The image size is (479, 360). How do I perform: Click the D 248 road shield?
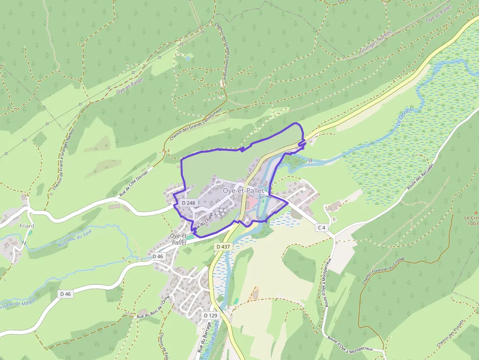(x=188, y=203)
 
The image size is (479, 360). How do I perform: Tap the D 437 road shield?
(x=222, y=247)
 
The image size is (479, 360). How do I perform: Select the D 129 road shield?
(x=210, y=316)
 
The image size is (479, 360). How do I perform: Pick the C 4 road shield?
(x=321, y=228)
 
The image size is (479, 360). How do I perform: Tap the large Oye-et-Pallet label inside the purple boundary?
(x=243, y=190)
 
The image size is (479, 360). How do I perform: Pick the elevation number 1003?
(x=473, y=224)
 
